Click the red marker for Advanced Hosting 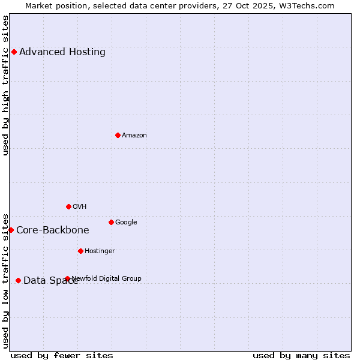(14, 52)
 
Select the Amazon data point (118, 135)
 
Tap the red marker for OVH (68, 206)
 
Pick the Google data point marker (111, 222)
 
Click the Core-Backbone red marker (11, 230)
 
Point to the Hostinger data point (80, 251)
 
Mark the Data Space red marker (18, 280)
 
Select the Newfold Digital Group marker (67, 278)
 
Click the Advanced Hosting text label (62, 52)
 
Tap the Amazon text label (134, 135)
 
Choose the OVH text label (80, 206)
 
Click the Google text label (126, 222)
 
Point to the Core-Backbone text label (53, 230)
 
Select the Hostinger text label (100, 251)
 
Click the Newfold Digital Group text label (107, 278)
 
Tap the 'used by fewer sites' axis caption (62, 355)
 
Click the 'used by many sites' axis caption (301, 355)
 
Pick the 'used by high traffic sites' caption (5, 85)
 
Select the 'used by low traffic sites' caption (5, 281)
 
